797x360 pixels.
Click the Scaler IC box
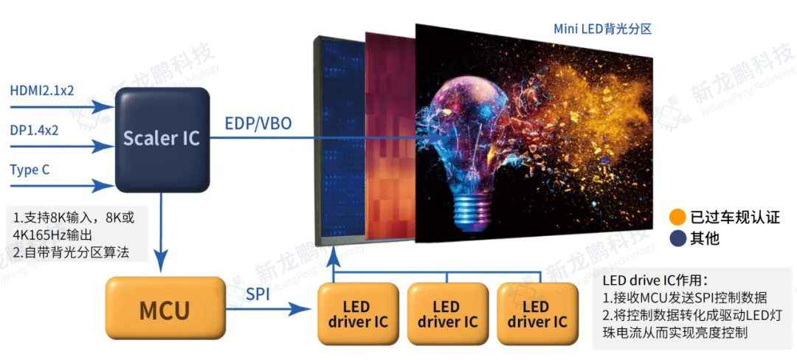pos(162,138)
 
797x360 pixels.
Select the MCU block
pos(165,310)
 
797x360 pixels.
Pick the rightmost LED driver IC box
pos(538,314)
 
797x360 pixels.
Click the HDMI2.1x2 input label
pos(42,90)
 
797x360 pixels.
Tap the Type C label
pos(30,170)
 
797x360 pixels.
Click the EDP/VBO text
pos(258,123)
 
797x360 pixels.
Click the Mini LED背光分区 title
pos(603,29)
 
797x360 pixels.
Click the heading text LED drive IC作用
pos(655,280)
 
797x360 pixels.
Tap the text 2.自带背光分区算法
pos(71,252)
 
